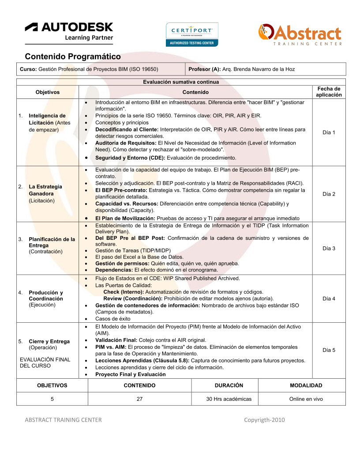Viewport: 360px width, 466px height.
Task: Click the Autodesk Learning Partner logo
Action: pyautogui.click(x=69, y=32)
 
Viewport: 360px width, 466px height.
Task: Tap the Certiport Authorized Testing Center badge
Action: pyautogui.click(x=192, y=34)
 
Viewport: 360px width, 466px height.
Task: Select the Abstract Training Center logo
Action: pyautogui.click(x=300, y=34)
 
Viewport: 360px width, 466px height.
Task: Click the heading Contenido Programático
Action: pyautogui.click(x=73, y=57)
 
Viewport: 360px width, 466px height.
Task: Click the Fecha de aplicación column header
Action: pyautogui.click(x=329, y=92)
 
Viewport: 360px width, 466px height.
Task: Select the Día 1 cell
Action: pyautogui.click(x=329, y=133)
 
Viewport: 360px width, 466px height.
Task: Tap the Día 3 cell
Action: pyautogui.click(x=329, y=249)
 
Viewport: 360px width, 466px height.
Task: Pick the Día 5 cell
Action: pyautogui.click(x=329, y=350)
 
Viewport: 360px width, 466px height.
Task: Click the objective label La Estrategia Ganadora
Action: pyautogui.click(x=45, y=190)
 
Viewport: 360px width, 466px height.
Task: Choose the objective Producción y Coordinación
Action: pyautogui.click(x=46, y=296)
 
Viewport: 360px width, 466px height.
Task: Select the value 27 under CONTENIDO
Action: pyautogui.click(x=139, y=399)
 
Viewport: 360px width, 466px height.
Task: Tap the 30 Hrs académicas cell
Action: pyautogui.click(x=229, y=399)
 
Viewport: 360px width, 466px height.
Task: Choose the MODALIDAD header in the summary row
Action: pyautogui.click(x=306, y=385)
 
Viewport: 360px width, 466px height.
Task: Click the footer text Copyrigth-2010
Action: pyautogui.click(x=264, y=420)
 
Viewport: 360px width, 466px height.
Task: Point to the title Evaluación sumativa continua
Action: pyautogui.click(x=181, y=82)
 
